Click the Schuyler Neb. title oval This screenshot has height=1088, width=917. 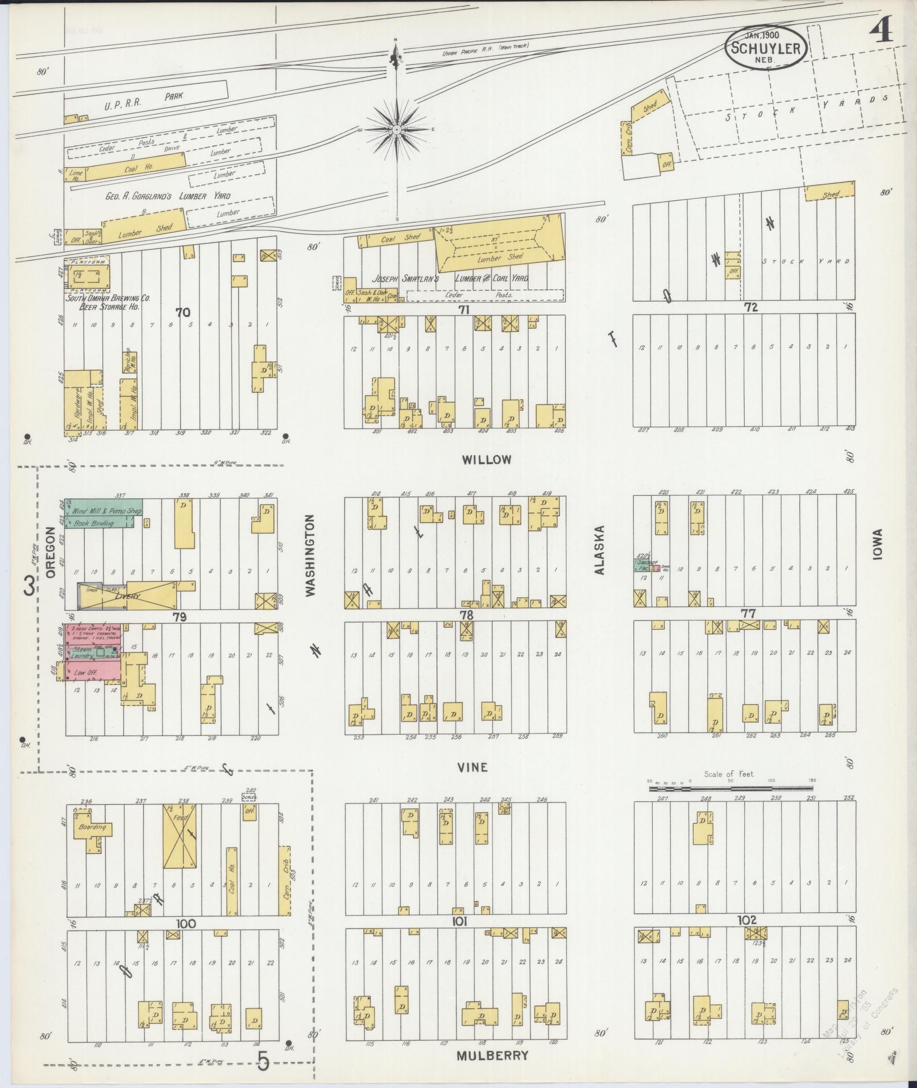pos(766,48)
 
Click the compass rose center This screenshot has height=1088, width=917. pos(396,130)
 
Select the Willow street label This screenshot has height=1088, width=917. pos(487,460)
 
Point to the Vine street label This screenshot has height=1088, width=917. pos(472,767)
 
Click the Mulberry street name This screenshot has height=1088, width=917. pos(492,1056)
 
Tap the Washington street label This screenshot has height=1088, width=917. pos(310,555)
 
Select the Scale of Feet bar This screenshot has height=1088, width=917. pos(731,789)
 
